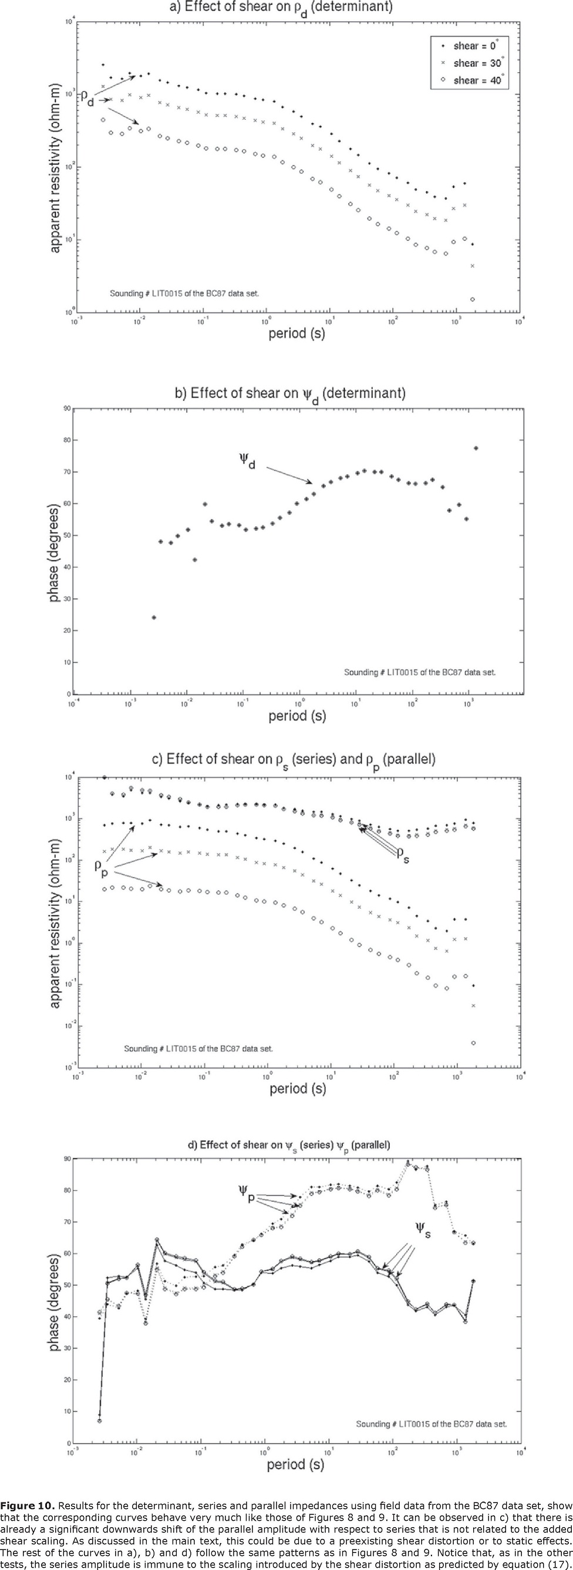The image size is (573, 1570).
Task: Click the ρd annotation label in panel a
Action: tap(87, 98)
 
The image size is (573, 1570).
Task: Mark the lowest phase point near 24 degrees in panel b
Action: tap(154, 618)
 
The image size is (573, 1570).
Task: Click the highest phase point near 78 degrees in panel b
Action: tap(476, 448)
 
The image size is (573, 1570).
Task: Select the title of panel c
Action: tap(293, 759)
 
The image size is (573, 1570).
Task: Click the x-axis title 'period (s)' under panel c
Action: tap(298, 1089)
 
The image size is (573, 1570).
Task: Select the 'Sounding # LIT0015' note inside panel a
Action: tap(184, 293)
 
